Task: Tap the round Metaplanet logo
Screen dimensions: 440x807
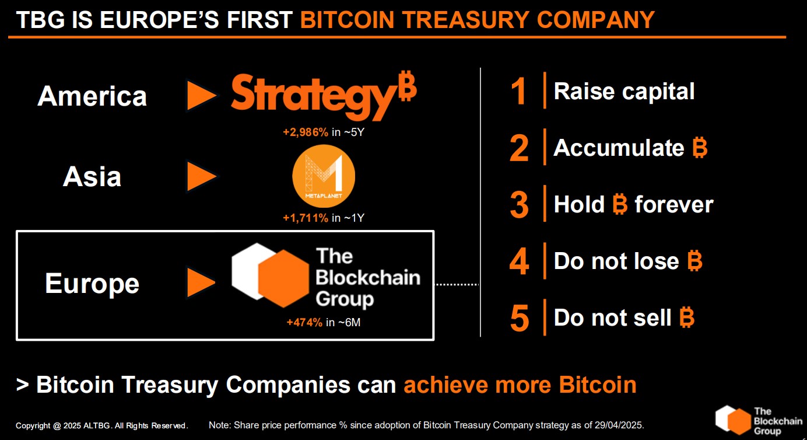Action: coord(324,177)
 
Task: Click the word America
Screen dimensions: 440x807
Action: coord(92,96)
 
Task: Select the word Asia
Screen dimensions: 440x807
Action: coord(92,177)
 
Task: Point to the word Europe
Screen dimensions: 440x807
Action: coord(92,284)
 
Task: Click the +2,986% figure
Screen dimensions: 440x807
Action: coord(306,132)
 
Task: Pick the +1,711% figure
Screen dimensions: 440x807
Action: coord(306,218)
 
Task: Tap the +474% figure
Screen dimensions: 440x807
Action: coord(304,322)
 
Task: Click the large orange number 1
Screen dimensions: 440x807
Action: coord(519,92)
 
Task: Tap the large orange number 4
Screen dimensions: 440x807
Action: coord(519,262)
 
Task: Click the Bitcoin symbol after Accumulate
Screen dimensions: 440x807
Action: coord(700,148)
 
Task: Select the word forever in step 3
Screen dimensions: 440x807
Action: coord(673,205)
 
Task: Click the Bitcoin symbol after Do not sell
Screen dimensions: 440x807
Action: coord(687,318)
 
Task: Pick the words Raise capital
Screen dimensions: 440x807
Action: coord(624,92)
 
